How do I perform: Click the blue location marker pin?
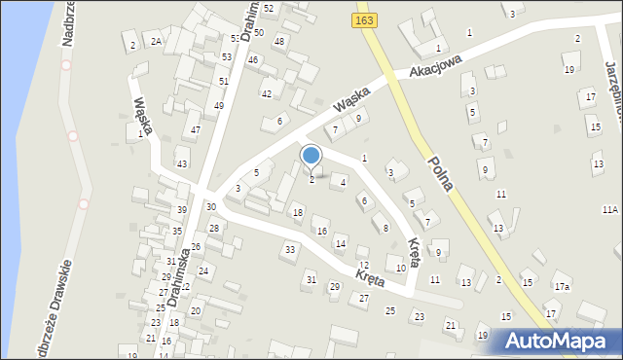pyautogui.click(x=311, y=157)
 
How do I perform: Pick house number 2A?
pyautogui.click(x=155, y=41)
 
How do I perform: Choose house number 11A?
pyautogui.click(x=610, y=210)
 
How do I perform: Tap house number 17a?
pyautogui.click(x=562, y=287)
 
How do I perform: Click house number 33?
pyautogui.click(x=289, y=250)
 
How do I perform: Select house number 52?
pyautogui.click(x=269, y=8)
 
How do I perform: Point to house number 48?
pyautogui.click(x=279, y=41)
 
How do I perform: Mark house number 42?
pyautogui.click(x=266, y=94)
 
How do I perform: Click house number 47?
pyautogui.click(x=196, y=129)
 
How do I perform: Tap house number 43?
pyautogui.click(x=182, y=163)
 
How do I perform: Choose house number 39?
pyautogui.click(x=182, y=210)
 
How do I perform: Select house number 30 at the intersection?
pyautogui.click(x=211, y=207)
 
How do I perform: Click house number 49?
pyautogui.click(x=219, y=105)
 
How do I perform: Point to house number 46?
pyautogui.click(x=253, y=60)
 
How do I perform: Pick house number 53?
pyautogui.click(x=236, y=39)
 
